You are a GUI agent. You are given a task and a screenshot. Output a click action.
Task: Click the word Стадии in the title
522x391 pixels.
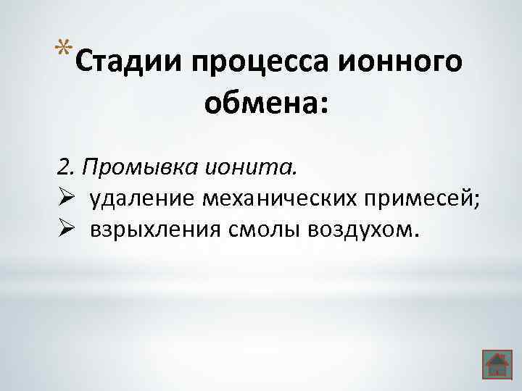[127, 62]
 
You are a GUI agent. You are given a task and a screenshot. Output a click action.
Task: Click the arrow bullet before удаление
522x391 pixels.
[63, 199]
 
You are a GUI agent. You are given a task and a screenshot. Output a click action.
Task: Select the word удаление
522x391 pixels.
[143, 200]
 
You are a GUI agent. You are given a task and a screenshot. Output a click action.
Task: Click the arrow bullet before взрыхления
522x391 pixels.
[63, 230]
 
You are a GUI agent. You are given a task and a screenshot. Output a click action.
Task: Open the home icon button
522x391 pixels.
[496, 364]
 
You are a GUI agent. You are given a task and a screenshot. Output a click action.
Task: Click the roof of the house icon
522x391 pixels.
[496, 357]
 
